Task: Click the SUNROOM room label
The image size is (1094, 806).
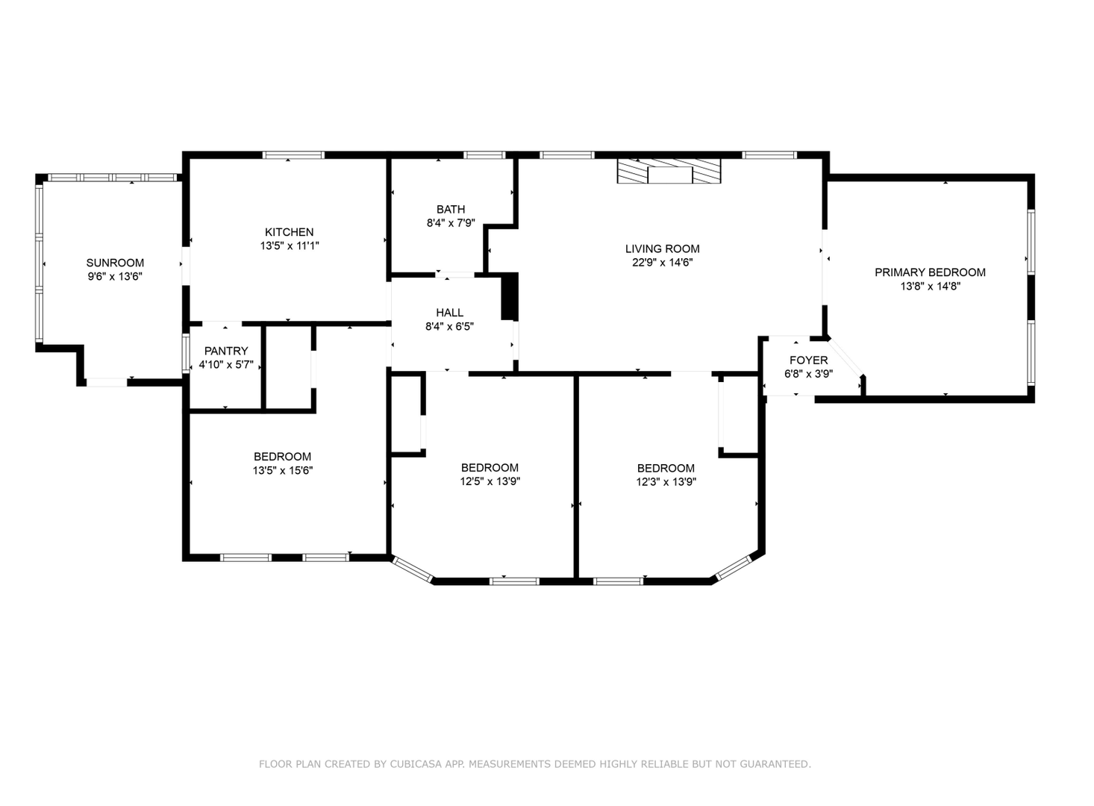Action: click(x=115, y=263)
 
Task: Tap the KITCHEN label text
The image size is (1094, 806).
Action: click(x=289, y=232)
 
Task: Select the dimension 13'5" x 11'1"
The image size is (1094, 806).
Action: click(x=290, y=246)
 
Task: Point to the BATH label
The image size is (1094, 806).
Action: click(x=451, y=210)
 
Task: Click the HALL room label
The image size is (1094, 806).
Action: click(x=450, y=313)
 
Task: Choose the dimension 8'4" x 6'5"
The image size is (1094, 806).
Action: click(x=450, y=327)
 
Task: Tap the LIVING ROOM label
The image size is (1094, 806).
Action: click(x=662, y=249)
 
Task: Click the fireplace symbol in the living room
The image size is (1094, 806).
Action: click(x=669, y=171)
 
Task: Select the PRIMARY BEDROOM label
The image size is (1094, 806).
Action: click(x=930, y=272)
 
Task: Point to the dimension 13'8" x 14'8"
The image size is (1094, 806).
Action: click(x=931, y=287)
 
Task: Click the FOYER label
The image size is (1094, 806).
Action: click(x=809, y=360)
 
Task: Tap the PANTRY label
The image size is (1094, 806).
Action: click(x=226, y=351)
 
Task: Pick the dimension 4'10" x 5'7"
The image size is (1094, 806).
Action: click(x=226, y=364)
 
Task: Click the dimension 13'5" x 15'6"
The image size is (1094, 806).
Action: click(x=283, y=471)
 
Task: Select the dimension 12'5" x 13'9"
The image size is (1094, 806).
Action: click(x=490, y=481)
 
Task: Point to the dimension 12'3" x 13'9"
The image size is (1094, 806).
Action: click(x=666, y=482)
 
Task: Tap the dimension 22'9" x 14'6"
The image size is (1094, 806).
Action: click(x=663, y=263)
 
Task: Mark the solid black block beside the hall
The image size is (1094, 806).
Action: click(x=510, y=296)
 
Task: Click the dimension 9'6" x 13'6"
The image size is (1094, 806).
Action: click(x=115, y=277)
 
